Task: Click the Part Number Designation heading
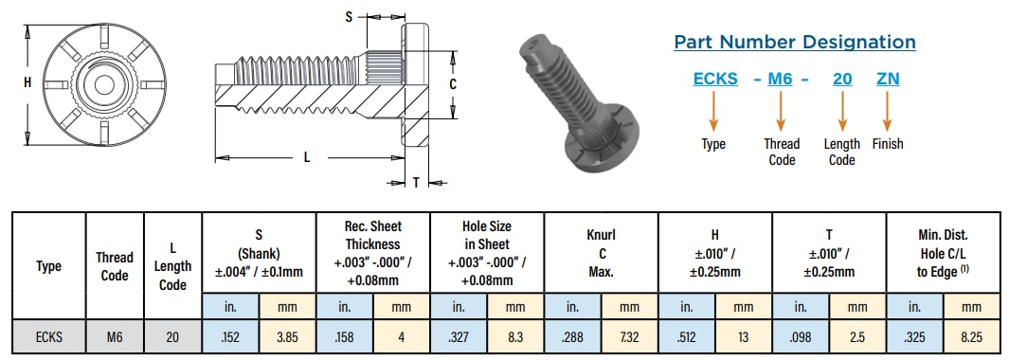click(x=794, y=42)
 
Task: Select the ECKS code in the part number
click(x=715, y=80)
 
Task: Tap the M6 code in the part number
click(x=780, y=80)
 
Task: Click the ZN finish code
click(x=888, y=80)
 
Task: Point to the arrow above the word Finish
click(x=888, y=112)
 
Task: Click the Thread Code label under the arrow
click(x=782, y=152)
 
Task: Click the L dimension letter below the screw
click(x=307, y=158)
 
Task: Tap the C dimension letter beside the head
click(x=453, y=84)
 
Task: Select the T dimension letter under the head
click(x=416, y=183)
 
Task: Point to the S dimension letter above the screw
click(x=349, y=16)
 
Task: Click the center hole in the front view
click(x=101, y=83)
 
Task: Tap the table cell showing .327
click(x=459, y=334)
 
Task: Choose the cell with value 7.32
click(x=630, y=334)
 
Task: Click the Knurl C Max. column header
click(x=602, y=251)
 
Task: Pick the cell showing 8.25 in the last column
click(x=972, y=334)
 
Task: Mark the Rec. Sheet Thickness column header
click(x=372, y=251)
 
